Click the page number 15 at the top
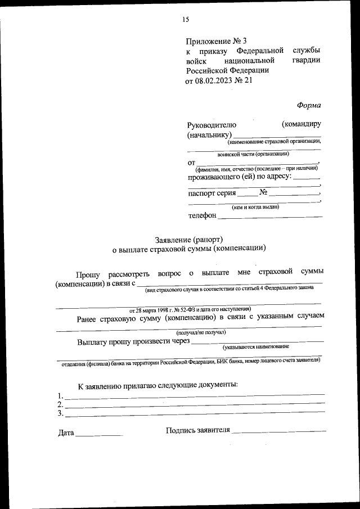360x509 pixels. [x=185, y=20]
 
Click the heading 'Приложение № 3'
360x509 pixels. [x=216, y=41]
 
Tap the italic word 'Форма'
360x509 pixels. [x=309, y=105]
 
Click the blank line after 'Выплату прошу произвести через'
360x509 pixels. [x=258, y=341]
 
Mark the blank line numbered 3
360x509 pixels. [x=194, y=415]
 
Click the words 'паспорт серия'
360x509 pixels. [x=212, y=193]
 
